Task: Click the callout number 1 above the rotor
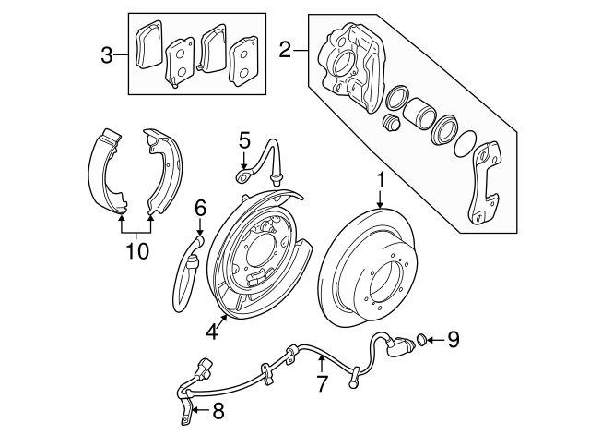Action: point(381,180)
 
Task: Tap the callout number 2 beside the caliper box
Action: point(285,50)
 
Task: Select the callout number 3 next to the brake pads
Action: point(107,55)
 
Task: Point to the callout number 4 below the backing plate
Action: point(212,332)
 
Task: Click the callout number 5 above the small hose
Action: point(244,141)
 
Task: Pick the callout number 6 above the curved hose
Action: point(200,207)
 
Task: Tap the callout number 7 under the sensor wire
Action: point(321,383)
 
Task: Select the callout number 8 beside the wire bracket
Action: point(218,411)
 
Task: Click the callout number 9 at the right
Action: point(453,339)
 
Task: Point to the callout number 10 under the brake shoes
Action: point(137,250)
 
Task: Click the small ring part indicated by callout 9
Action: point(421,340)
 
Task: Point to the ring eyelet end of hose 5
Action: point(242,175)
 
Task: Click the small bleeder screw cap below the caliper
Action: point(391,122)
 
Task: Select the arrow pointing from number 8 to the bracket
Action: point(200,410)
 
